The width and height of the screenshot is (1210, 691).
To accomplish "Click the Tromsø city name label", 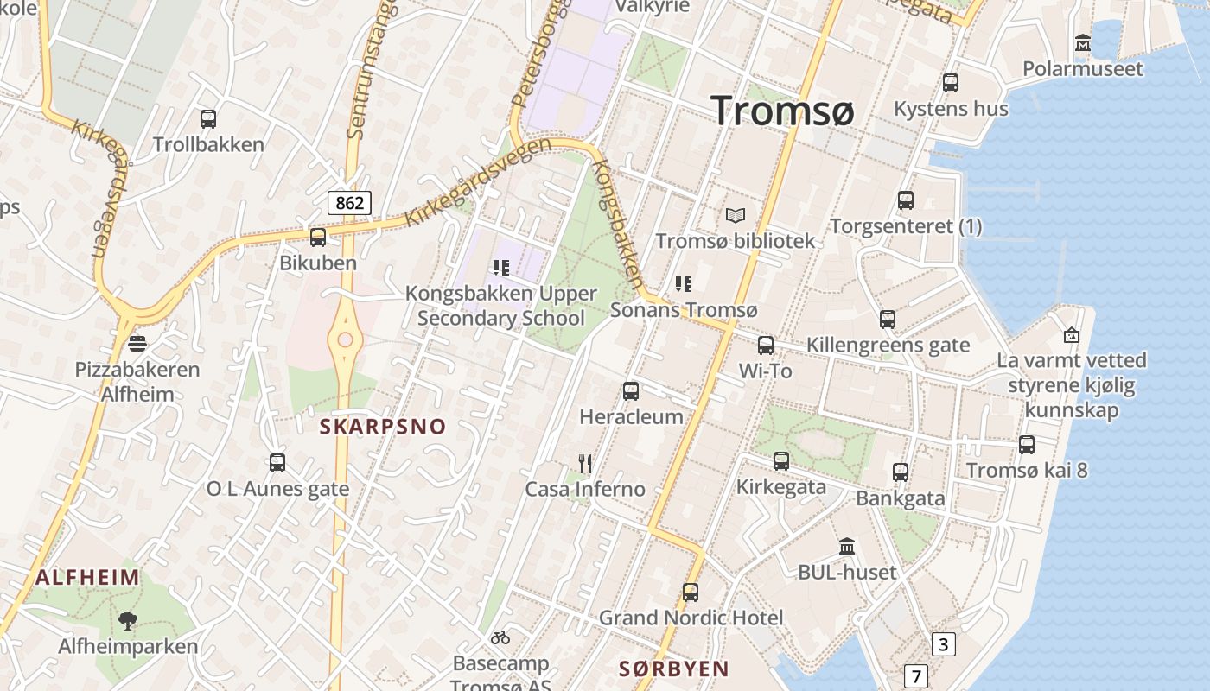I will (x=782, y=112).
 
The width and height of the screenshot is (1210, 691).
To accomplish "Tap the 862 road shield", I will (x=350, y=203).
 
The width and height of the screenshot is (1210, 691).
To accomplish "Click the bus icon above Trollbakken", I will (x=208, y=119).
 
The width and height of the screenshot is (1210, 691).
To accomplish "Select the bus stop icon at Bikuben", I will (x=318, y=237).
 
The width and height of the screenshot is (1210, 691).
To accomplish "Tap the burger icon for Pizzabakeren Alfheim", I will (x=137, y=344).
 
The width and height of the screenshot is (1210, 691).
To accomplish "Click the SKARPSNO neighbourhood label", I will (x=383, y=426).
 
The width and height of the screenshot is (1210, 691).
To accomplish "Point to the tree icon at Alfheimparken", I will (x=128, y=620).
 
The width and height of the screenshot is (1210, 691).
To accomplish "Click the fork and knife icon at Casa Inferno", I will (x=585, y=464).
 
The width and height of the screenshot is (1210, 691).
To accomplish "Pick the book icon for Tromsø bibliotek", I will (x=736, y=215).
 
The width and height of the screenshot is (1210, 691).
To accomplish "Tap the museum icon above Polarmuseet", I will (x=1082, y=42).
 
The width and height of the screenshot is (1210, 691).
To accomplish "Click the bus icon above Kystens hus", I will (x=951, y=83).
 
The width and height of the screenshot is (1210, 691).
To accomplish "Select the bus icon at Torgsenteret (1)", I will (x=906, y=200).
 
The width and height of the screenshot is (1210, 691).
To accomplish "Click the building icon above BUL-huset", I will (x=847, y=547).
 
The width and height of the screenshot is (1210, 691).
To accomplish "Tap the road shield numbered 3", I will (x=943, y=644).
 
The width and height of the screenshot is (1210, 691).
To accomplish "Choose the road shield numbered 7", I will (x=916, y=675).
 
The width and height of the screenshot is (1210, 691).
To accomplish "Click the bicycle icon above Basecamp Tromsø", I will (x=500, y=638).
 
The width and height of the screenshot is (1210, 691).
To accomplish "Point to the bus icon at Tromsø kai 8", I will (x=1027, y=445).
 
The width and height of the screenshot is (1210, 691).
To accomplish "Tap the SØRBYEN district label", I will (x=674, y=669).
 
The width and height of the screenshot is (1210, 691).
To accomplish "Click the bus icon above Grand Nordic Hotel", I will (x=690, y=593).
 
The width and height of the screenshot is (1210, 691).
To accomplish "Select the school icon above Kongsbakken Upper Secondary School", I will (x=501, y=268).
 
